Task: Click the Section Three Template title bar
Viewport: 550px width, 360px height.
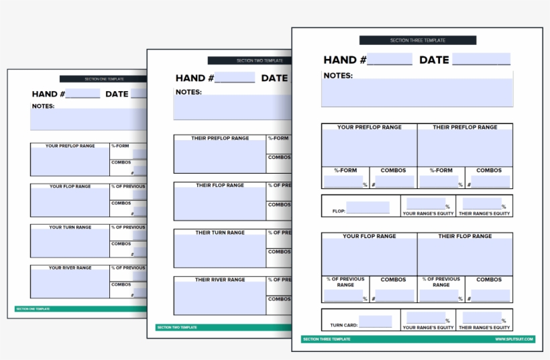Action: pos(417,40)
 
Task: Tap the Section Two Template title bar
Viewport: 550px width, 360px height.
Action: pos(250,60)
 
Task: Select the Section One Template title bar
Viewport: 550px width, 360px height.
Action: pos(104,78)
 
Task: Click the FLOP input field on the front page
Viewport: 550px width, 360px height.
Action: pos(368,208)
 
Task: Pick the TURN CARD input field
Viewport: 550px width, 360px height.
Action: pos(375,322)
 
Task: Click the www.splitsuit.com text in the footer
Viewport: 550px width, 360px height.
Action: pos(514,339)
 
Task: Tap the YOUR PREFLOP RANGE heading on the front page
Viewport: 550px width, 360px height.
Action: pos(369,127)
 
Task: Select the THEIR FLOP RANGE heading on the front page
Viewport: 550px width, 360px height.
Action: pos(465,237)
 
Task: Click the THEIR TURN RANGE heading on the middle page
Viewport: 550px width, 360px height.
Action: pos(220,233)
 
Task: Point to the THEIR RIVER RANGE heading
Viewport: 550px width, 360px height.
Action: pos(220,280)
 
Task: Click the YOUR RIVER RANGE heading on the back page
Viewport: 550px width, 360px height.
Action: pos(70,267)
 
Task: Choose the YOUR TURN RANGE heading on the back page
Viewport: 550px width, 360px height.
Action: pos(70,227)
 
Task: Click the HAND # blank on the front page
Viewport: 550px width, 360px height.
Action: pos(389,60)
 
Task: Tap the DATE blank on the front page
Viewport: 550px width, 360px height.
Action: pos(480,60)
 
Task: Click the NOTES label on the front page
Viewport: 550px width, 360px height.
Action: pos(338,76)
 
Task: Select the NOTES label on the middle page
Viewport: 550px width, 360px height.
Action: pos(188,93)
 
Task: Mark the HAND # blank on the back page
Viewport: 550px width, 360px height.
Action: pos(82,95)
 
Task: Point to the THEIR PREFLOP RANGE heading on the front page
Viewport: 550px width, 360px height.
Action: pos(465,127)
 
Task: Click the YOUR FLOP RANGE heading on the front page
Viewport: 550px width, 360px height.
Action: pos(369,237)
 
